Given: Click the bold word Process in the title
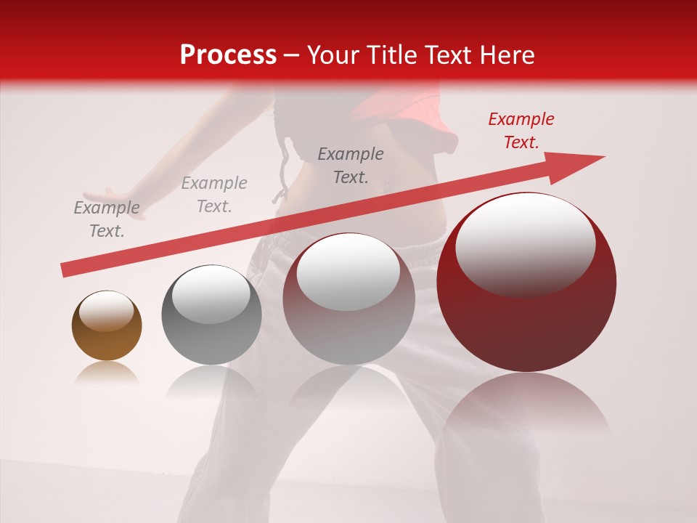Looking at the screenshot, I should pos(228,54).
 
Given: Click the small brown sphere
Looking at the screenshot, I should pos(107,325).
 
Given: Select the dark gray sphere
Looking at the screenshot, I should pos(211,315).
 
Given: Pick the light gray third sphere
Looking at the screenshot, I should pos(348,299).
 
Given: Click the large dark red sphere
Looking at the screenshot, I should pos(526,283).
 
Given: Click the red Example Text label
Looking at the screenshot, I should pos(521,131).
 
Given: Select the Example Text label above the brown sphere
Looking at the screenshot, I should pos(107,219).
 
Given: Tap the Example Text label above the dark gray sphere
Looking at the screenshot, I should pos(214,195).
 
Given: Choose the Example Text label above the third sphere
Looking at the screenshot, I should pos(351,165).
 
